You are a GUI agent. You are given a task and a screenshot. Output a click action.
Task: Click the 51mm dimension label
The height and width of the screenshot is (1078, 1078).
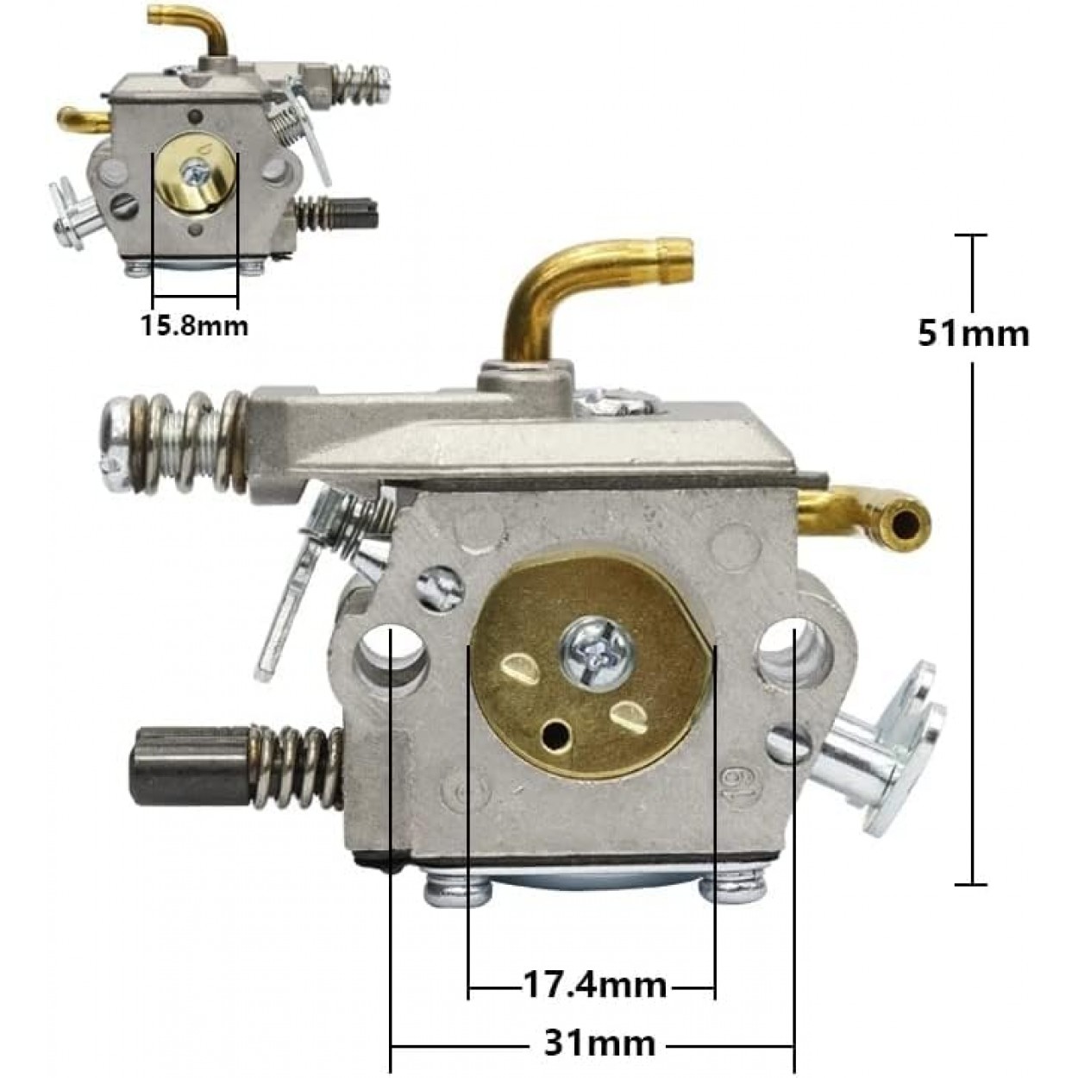(973, 335)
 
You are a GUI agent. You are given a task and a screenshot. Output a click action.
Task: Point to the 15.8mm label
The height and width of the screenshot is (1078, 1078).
(193, 326)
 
